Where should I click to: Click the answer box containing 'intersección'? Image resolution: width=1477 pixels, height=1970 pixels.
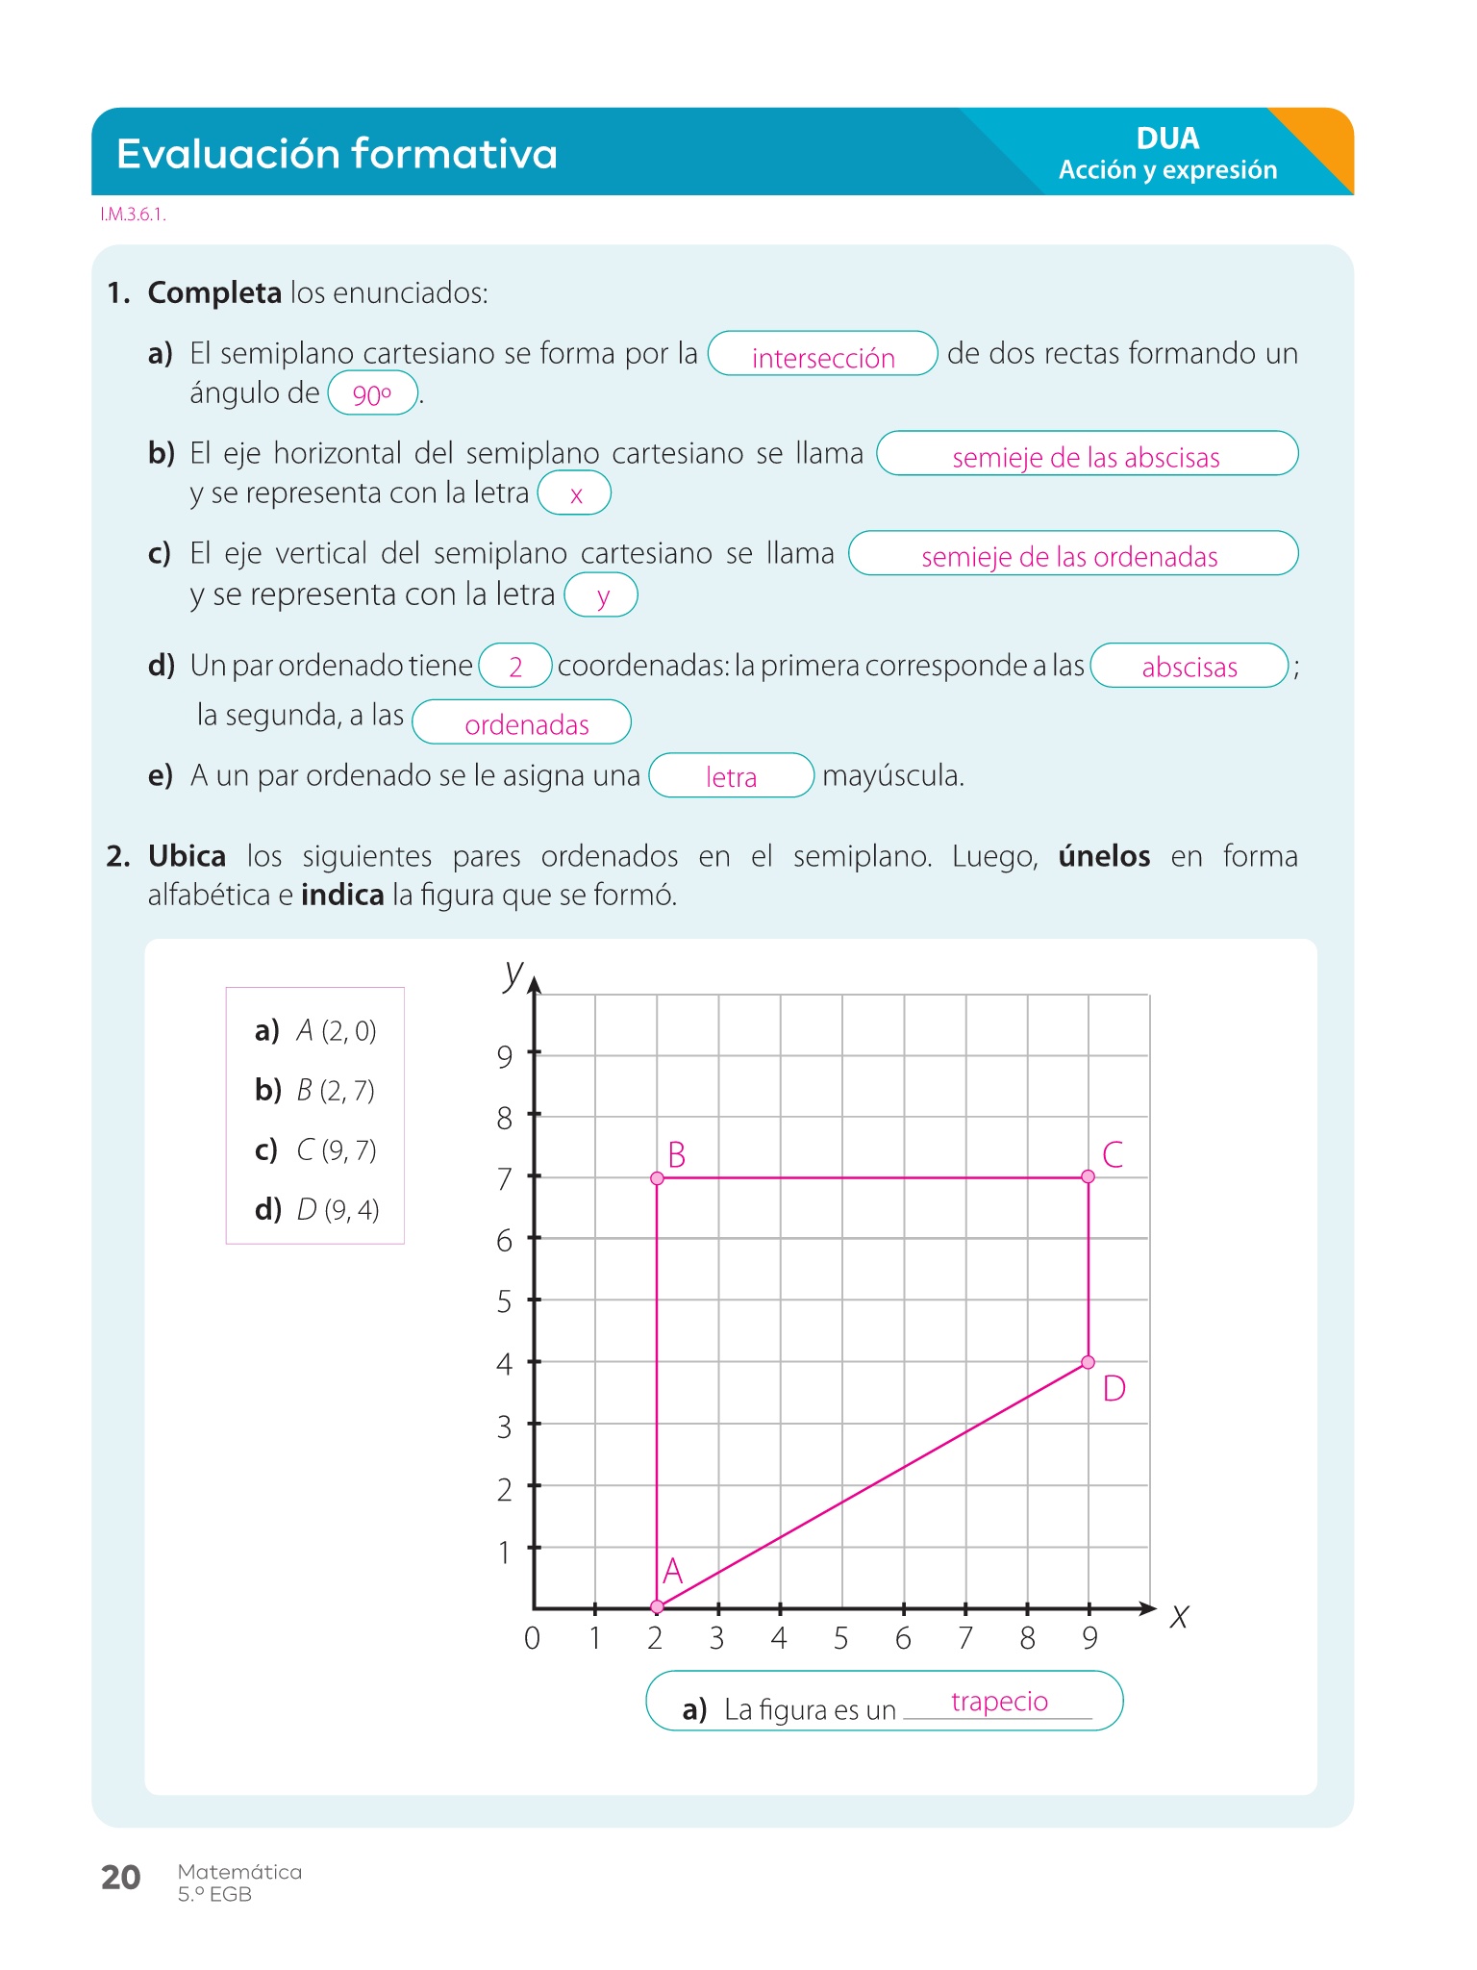coord(822,354)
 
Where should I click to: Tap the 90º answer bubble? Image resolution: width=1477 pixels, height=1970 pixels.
coord(372,393)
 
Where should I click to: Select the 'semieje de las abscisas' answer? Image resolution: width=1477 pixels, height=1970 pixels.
coord(1087,454)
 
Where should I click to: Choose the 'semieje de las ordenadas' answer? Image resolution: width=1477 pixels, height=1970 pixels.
coord(1072,554)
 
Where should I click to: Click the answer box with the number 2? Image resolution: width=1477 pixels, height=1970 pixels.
coord(515,666)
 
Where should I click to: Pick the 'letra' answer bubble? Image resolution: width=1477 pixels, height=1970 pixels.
coord(732,775)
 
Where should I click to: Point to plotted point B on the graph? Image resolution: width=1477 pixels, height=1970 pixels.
coord(657,1178)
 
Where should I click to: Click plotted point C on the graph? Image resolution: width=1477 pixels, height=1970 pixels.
coord(1088,1176)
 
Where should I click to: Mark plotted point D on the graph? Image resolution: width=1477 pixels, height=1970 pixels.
coord(1088,1362)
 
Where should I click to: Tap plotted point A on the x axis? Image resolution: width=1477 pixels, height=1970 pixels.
coord(657,1607)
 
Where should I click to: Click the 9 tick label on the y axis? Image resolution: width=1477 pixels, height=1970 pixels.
coord(505,1057)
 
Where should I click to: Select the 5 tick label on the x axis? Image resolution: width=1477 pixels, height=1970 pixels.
coord(841,1638)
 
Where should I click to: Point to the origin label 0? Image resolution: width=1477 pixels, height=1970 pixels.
coord(533,1638)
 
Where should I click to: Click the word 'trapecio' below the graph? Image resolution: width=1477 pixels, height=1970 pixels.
coord(999,1702)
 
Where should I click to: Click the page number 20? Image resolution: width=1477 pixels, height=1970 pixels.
coord(121,1878)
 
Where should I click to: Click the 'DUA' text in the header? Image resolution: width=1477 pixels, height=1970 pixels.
coord(1167,139)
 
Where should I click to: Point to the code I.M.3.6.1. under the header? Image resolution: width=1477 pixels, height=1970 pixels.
coord(133,215)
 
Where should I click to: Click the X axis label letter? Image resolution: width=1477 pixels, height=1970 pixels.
coord(1180,1617)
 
